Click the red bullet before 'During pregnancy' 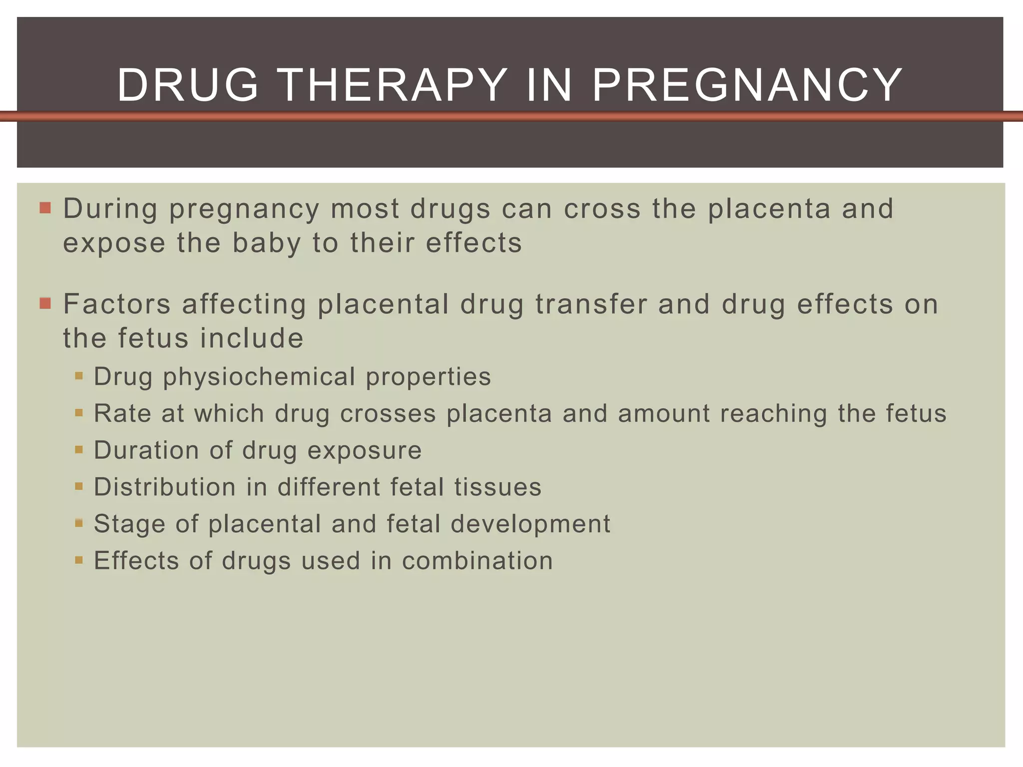coord(45,208)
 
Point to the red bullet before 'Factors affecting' coord(45,303)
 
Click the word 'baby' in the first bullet coord(267,243)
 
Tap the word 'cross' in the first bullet coord(602,209)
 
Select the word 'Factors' coord(117,304)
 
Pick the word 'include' coord(252,338)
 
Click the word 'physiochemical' coord(259,377)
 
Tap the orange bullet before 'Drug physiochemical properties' coord(79,376)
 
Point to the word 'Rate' coord(122,413)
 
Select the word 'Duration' coord(146,450)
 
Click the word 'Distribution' coord(165,487)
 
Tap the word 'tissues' coord(498,487)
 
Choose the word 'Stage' coord(129,524)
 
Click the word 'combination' coord(478,560)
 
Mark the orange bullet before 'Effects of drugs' coord(79,560)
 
